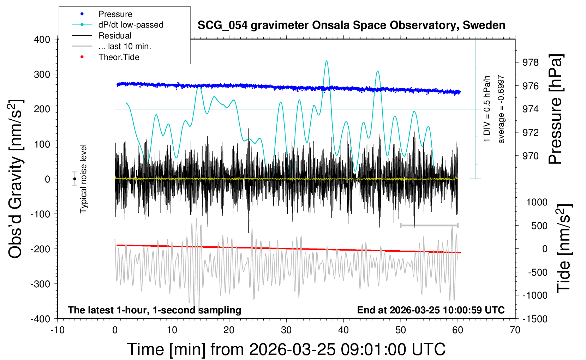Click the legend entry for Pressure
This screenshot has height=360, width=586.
[115, 14]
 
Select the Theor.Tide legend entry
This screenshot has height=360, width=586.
[119, 57]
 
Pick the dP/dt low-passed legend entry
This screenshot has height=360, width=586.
[131, 25]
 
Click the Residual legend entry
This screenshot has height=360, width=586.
[115, 36]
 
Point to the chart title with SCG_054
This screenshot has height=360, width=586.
[351, 25]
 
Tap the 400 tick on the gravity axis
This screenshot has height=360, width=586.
[42, 40]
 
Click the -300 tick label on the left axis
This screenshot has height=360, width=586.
[40, 284]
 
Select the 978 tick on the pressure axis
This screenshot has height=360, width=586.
[531, 62]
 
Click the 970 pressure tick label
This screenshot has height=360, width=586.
[531, 156]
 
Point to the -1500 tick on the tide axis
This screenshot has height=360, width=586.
[534, 319]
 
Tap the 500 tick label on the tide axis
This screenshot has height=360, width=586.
[539, 226]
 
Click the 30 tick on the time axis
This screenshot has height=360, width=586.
[286, 330]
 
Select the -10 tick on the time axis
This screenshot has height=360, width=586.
[58, 330]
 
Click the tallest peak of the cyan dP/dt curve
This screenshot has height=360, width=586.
[327, 61]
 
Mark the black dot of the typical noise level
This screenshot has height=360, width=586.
[74, 179]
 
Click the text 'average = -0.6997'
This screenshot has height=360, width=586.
[501, 109]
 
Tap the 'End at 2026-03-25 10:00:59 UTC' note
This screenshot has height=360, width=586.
[431, 310]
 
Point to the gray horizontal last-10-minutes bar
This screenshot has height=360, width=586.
[429, 225]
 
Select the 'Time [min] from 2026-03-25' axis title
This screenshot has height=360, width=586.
[286, 349]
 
